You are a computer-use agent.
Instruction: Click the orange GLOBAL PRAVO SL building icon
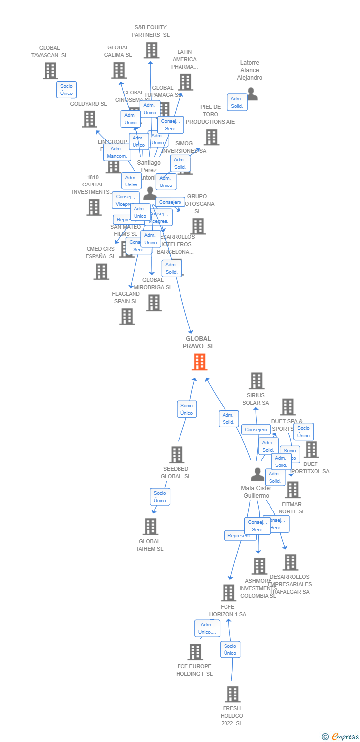(199, 362)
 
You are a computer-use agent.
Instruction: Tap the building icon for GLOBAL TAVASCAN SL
(50, 71)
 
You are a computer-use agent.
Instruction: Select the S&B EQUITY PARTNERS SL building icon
(151, 50)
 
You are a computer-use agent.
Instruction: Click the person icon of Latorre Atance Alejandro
(252, 93)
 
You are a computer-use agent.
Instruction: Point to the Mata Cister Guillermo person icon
(257, 475)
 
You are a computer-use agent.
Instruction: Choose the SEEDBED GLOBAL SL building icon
(177, 455)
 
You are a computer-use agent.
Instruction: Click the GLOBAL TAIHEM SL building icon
(150, 527)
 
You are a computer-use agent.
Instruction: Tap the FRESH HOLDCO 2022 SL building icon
(232, 694)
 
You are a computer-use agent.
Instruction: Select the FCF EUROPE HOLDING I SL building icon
(195, 652)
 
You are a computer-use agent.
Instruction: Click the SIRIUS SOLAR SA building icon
(256, 381)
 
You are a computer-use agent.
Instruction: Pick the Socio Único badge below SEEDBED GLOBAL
(160, 497)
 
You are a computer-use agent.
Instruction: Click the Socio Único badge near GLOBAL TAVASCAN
(66, 90)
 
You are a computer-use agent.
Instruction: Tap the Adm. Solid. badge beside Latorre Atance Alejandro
(237, 102)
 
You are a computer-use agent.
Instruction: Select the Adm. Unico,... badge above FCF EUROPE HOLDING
(207, 628)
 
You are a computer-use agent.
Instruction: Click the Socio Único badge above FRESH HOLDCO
(230, 649)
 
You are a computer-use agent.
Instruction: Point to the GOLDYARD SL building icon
(89, 119)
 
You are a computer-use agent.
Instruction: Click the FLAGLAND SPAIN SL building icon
(127, 317)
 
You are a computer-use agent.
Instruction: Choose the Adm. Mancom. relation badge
(117, 152)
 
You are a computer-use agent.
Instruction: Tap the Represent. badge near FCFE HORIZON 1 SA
(239, 536)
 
